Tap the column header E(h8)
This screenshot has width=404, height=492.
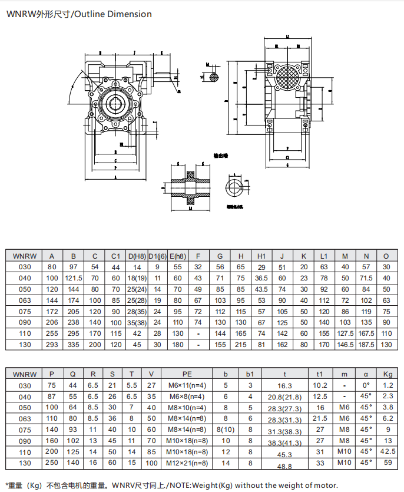pos(177,256)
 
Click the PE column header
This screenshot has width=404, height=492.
pos(187,374)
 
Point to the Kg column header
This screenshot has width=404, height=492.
pos(387,374)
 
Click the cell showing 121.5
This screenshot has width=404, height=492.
pos(73,278)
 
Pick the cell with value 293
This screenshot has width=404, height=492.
pos(52,344)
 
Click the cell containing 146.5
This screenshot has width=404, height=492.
pos(345,344)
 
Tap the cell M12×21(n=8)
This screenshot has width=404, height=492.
pos(187,463)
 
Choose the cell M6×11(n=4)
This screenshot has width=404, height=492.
pos(187,385)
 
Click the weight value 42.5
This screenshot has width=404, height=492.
pos(387,451)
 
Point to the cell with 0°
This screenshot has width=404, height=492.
pos(366,385)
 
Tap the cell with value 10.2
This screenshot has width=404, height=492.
pos(320,385)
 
